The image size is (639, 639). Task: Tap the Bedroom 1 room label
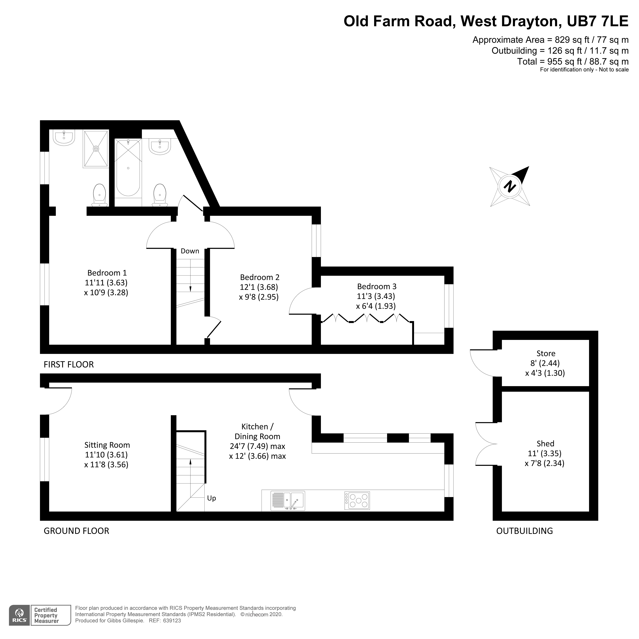coord(107,273)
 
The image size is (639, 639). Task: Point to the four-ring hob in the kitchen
coord(357,500)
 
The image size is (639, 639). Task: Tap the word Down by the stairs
coord(190,251)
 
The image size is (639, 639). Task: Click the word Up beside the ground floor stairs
coord(211,498)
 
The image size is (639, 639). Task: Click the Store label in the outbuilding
coord(546,353)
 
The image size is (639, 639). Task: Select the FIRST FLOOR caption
coord(69,364)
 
